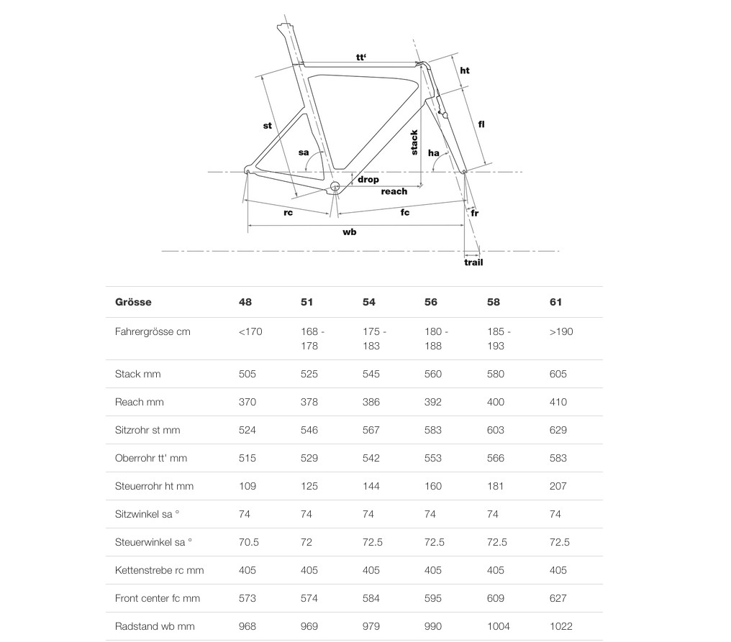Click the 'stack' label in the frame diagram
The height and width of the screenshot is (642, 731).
(x=414, y=142)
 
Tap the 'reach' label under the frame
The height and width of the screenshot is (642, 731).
(x=394, y=191)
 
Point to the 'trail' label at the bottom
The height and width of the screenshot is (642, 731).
(x=473, y=262)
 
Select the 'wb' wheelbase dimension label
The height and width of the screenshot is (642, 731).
(x=350, y=232)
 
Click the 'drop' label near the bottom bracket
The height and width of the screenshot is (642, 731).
(x=368, y=179)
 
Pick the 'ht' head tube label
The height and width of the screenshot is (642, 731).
(x=465, y=70)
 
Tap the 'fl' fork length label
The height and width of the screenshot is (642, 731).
(x=481, y=124)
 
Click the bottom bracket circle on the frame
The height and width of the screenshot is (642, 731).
(x=335, y=188)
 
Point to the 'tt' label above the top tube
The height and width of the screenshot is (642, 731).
(x=361, y=56)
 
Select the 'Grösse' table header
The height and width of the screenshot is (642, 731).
(x=133, y=302)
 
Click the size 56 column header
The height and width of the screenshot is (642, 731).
(x=431, y=302)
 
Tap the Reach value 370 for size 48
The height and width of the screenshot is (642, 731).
(x=248, y=402)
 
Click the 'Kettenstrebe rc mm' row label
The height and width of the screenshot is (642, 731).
(x=159, y=570)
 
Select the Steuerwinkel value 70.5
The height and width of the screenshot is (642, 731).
(x=249, y=542)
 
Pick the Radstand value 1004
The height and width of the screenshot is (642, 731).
(x=499, y=626)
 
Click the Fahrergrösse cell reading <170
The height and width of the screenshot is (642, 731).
(x=251, y=331)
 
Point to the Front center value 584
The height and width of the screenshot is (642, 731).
(x=371, y=598)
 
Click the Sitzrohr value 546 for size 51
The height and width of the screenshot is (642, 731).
(x=309, y=430)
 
